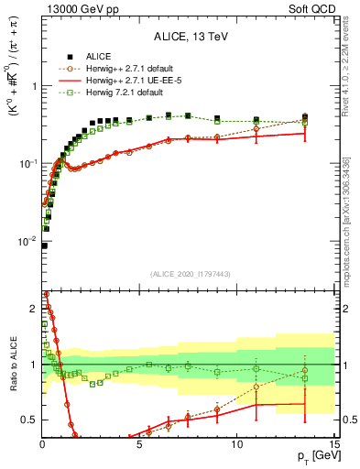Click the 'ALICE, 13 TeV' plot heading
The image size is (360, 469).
[x=188, y=38]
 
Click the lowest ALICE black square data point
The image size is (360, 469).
[x=44, y=245]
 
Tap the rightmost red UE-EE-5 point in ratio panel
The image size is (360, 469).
[x=305, y=403]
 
